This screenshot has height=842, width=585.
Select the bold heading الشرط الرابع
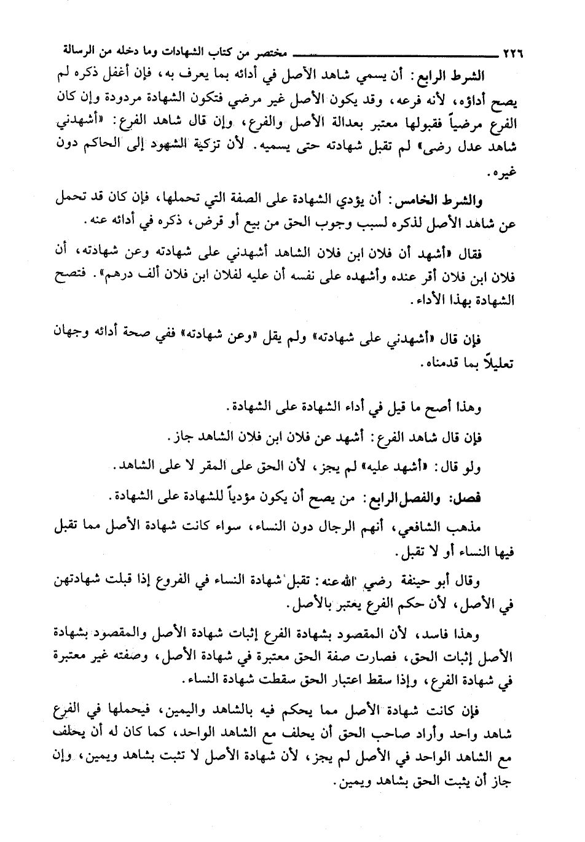click(x=453, y=76)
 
